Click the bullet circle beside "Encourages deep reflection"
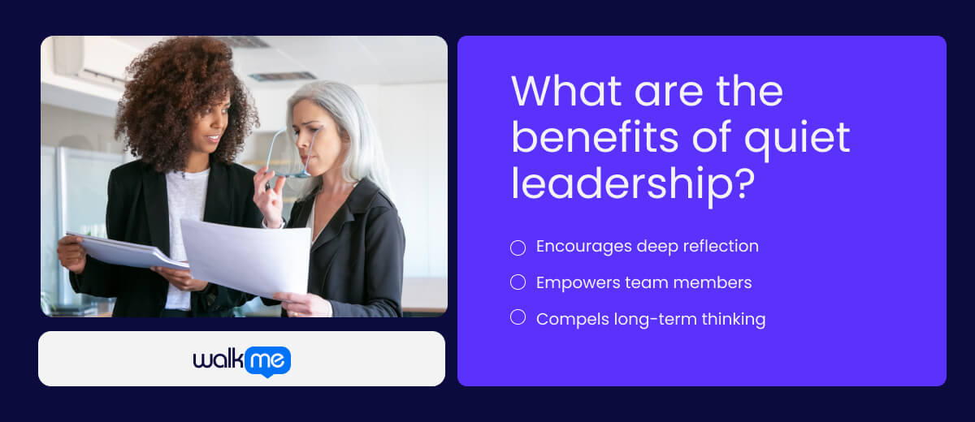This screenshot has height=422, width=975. click(x=518, y=248)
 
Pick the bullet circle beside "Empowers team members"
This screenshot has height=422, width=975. click(x=518, y=282)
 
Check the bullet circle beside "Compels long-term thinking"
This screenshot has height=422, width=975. click(x=518, y=317)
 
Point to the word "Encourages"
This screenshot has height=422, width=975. click(x=580, y=247)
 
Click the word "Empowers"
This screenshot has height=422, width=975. click(x=573, y=282)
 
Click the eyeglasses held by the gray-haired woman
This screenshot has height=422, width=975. click(x=288, y=154)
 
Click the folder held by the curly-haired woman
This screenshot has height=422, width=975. click(x=122, y=251)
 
